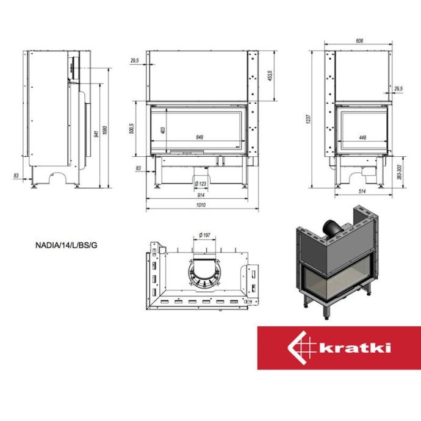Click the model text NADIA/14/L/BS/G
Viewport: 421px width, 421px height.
67,245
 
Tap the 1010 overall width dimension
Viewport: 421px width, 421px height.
201,205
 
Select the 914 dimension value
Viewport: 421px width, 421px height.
201,195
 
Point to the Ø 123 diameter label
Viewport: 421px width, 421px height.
201,184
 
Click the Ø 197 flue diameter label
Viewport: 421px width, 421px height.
204,235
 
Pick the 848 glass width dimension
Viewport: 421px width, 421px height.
200,137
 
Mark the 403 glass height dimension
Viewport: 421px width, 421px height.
163,131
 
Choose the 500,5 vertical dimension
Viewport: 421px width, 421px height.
131,129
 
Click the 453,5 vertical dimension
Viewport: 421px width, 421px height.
270,76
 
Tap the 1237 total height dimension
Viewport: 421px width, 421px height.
309,119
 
